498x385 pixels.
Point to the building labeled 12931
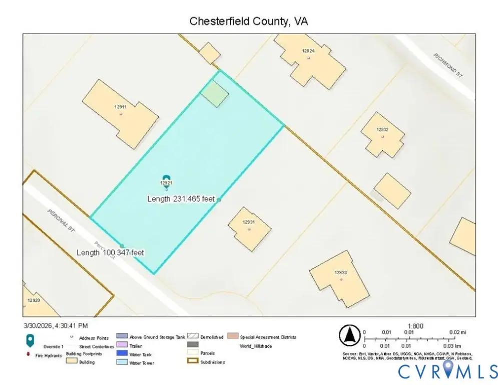coord(249,229)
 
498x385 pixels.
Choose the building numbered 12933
coord(340,278)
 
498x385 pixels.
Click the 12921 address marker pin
coord(167,181)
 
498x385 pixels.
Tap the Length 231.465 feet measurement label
coord(181,199)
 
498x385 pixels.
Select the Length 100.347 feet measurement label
coord(110,253)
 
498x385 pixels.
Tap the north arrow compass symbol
coord(350,335)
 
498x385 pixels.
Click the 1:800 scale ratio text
coord(415,326)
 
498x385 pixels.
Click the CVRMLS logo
coord(448,371)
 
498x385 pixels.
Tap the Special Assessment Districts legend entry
coord(268,337)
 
